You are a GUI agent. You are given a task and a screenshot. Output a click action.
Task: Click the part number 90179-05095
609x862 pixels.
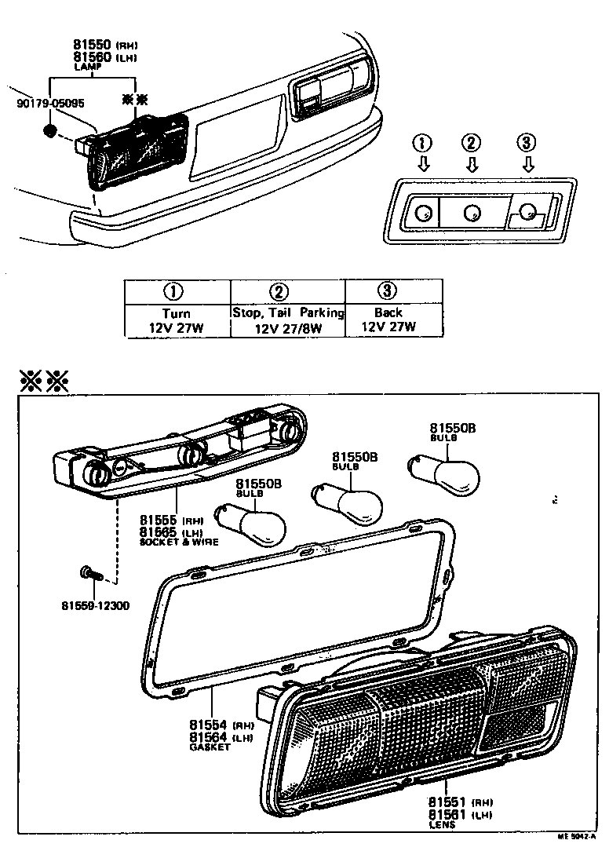(50, 103)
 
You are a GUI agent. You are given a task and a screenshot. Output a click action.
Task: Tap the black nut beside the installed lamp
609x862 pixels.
(51, 130)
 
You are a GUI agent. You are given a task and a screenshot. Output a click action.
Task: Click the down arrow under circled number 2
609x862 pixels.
(471, 165)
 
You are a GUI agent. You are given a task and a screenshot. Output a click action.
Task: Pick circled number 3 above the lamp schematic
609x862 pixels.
(527, 143)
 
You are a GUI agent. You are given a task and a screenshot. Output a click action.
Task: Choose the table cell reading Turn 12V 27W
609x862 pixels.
(178, 320)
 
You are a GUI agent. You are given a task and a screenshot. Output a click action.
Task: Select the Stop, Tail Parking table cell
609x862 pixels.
(288, 320)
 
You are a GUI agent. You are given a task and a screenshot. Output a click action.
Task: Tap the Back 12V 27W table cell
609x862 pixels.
(388, 320)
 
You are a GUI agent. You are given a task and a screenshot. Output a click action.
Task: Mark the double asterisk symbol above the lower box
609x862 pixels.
(45, 382)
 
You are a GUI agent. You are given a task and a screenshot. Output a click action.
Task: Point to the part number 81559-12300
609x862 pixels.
(95, 605)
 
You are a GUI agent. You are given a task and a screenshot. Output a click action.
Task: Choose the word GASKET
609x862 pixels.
(210, 747)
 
